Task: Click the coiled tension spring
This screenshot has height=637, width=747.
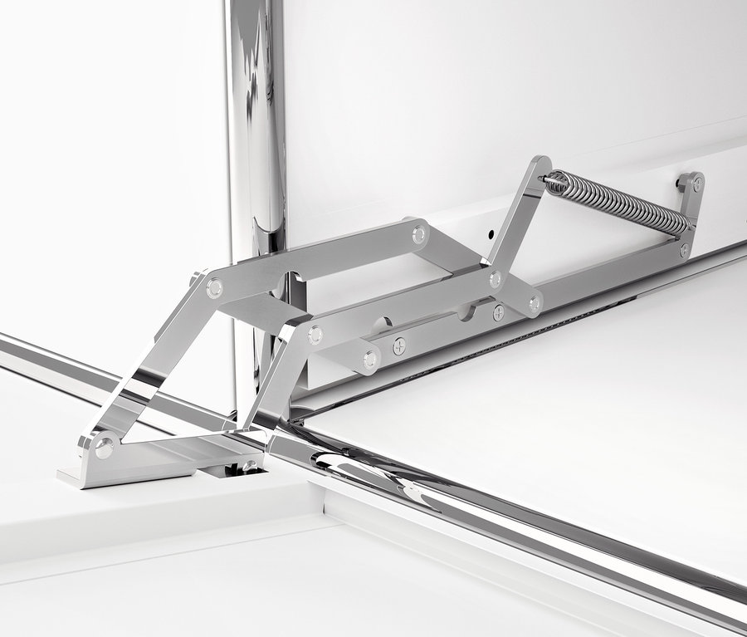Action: click(x=618, y=201)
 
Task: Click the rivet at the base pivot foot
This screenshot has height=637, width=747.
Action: click(x=104, y=448)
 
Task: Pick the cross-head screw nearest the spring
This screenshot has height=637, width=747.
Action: click(x=498, y=312)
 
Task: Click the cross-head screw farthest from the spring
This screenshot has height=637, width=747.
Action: click(x=400, y=345)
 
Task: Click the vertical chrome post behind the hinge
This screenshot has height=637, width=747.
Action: click(x=257, y=125)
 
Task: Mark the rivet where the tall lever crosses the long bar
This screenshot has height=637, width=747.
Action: click(x=496, y=280)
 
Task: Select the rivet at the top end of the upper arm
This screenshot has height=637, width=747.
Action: click(x=419, y=234)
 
